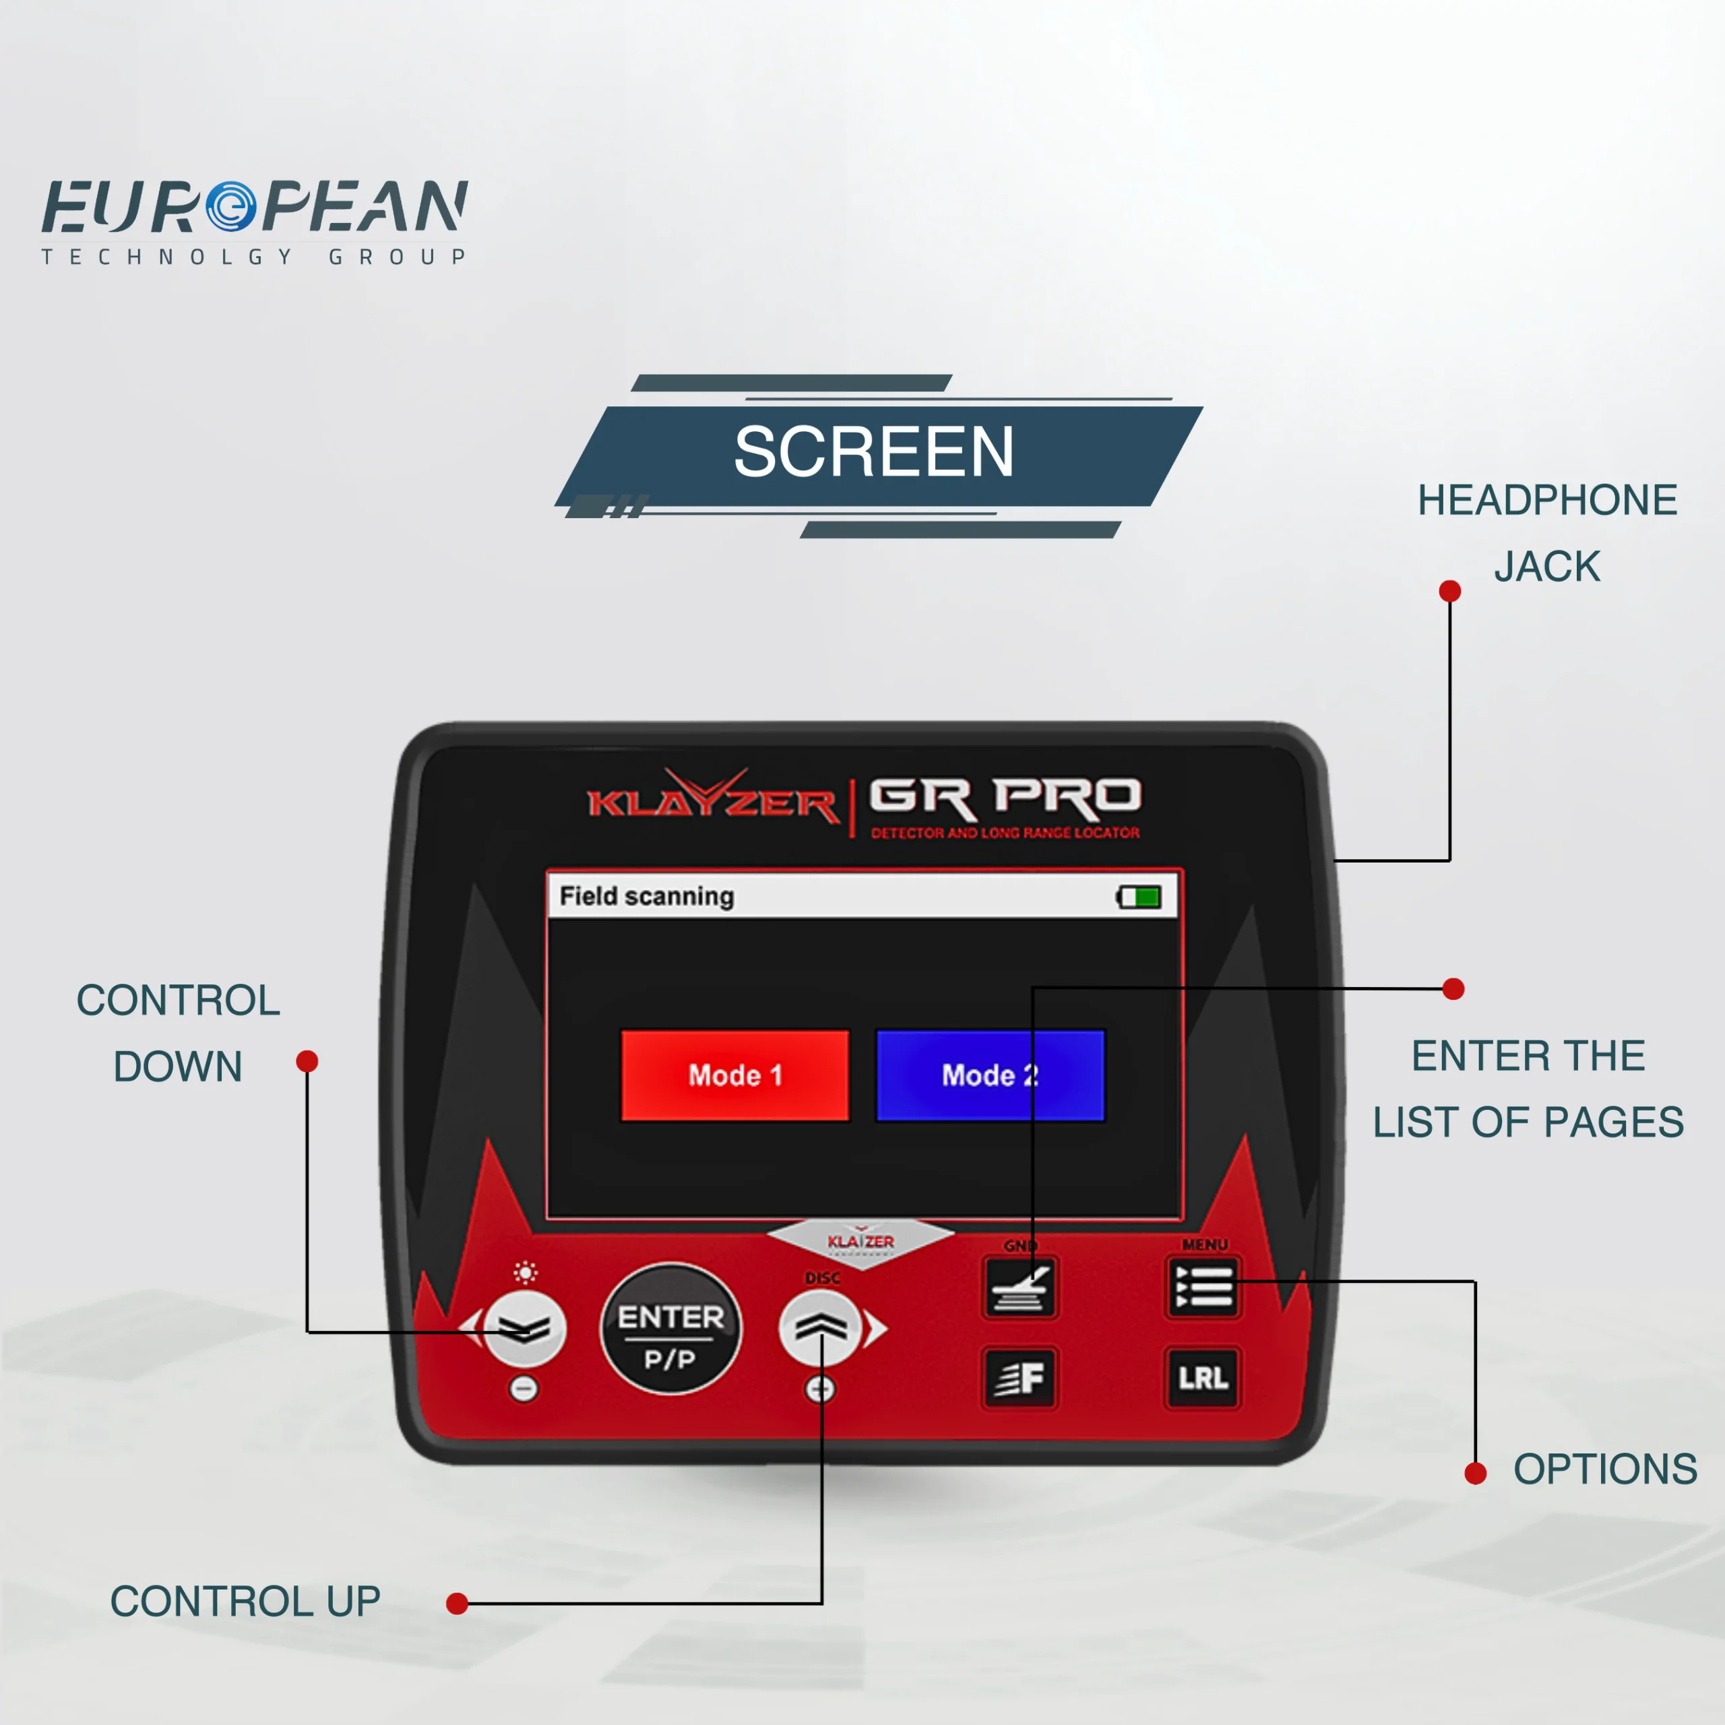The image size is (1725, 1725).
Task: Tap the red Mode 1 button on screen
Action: pyautogui.click(x=735, y=1075)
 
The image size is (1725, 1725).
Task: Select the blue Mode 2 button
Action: pyautogui.click(x=990, y=1075)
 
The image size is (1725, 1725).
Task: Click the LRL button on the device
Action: pyautogui.click(x=1203, y=1378)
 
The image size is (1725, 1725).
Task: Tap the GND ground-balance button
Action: pyautogui.click(x=1020, y=1288)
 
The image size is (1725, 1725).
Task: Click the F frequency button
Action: pyautogui.click(x=1020, y=1378)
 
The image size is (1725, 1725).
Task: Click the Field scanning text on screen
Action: pyautogui.click(x=646, y=896)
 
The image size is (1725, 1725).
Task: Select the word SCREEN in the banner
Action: pyautogui.click(x=873, y=451)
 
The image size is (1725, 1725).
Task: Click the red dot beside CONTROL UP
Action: pyautogui.click(x=457, y=1604)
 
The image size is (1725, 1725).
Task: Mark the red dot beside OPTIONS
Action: pyautogui.click(x=1475, y=1473)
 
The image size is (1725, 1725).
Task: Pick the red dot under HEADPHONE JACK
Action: pyautogui.click(x=1450, y=591)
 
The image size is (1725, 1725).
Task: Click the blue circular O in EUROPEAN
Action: pyautogui.click(x=231, y=206)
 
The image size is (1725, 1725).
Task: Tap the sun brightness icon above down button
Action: pyautogui.click(x=526, y=1272)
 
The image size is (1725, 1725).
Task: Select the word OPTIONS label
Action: pyautogui.click(x=1604, y=1470)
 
